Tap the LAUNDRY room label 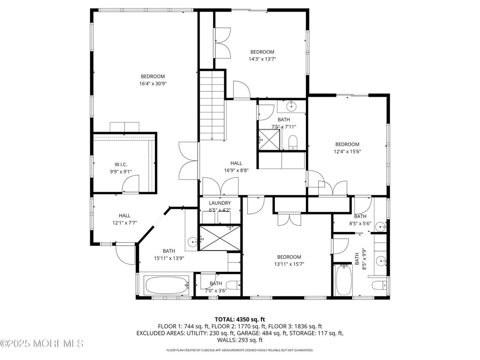point(219,203)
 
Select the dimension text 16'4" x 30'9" point(153,83)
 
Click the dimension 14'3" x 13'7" point(262,59)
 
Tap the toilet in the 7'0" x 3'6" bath point(233,285)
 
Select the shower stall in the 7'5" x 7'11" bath point(270,138)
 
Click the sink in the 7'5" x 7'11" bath point(291,107)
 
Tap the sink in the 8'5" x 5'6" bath point(380,225)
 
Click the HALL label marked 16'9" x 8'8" point(236,167)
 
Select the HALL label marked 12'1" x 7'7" point(124,219)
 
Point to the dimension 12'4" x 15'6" point(347,151)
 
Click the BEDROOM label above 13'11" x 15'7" point(289,257)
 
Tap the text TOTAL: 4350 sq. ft point(240,319)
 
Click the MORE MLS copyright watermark point(42,344)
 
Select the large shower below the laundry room point(219,237)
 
